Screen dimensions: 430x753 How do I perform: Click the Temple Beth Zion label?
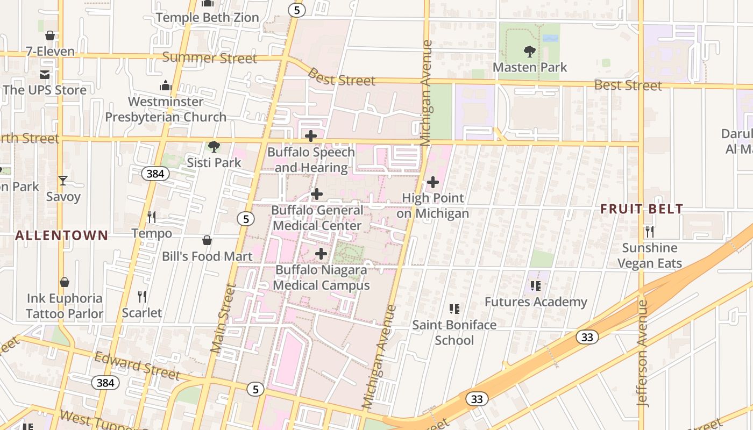(207, 18)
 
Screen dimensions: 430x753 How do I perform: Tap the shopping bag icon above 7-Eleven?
(50, 35)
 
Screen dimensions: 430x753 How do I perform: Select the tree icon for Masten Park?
(530, 52)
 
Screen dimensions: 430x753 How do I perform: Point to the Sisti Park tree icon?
(214, 146)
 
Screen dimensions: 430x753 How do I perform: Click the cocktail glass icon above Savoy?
(63, 181)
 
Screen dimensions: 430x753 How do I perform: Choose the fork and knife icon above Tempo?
(152, 217)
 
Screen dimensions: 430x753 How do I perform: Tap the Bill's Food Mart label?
(207, 256)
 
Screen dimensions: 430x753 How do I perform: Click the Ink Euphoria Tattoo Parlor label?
(65, 306)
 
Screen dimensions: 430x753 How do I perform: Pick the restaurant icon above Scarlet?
(142, 296)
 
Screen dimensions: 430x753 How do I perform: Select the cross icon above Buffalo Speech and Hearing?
(311, 136)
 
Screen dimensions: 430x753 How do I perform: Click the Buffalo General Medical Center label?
(317, 218)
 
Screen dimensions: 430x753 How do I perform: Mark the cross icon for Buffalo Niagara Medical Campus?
(321, 254)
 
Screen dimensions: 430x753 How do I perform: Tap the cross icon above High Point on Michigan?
(433, 182)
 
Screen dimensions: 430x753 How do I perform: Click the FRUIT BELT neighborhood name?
(642, 209)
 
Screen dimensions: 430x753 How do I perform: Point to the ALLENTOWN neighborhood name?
(62, 235)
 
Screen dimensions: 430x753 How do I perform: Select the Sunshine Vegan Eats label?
(650, 255)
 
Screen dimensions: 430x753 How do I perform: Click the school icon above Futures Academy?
(535, 285)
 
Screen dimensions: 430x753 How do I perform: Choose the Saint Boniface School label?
(454, 332)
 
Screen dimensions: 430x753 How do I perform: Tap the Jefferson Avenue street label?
(642, 352)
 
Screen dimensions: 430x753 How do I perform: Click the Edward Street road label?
(137, 365)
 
